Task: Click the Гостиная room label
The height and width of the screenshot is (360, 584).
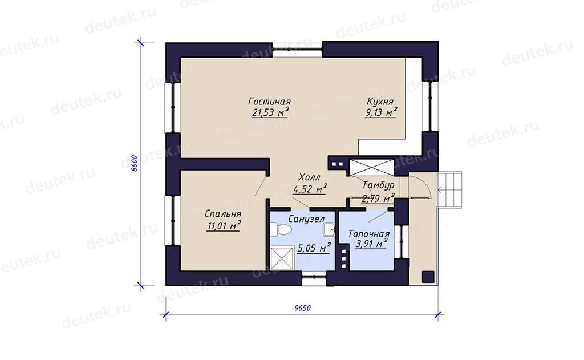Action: (270, 102)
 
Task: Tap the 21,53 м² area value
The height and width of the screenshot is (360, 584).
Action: (270, 112)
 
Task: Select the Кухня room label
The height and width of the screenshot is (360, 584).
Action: (380, 102)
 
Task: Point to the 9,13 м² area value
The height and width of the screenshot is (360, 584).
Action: (380, 112)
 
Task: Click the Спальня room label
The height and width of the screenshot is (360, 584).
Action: (223, 214)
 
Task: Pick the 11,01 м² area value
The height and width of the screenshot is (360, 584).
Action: (223, 225)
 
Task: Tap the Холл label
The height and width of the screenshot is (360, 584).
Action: (309, 177)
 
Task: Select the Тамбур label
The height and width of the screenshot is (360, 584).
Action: (379, 185)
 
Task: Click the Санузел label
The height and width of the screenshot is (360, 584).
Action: (306, 219)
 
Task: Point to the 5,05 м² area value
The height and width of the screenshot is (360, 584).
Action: (314, 248)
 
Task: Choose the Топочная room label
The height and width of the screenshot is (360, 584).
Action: (369, 234)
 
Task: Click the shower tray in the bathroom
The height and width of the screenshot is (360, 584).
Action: (282, 258)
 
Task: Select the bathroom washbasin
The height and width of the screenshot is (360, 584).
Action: (329, 230)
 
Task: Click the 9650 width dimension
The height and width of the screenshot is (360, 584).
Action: (302, 308)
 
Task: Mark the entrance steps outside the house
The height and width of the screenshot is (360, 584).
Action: (451, 190)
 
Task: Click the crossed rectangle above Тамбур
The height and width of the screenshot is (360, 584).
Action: (372, 167)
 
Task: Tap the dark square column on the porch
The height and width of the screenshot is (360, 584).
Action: (428, 277)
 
